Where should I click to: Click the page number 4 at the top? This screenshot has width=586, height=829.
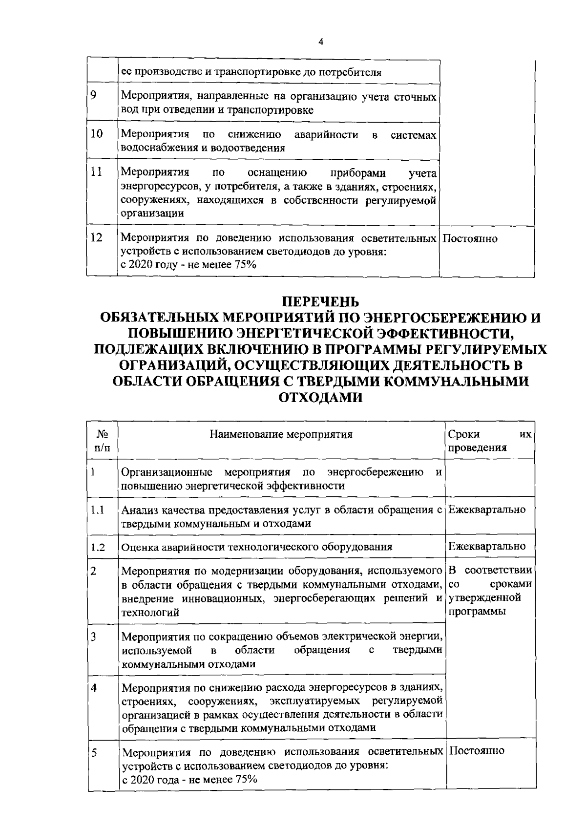320,42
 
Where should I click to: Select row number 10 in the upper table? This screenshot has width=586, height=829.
97,133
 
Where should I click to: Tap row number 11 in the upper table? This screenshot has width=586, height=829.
96,172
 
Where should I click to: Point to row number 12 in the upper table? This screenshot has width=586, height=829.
97,238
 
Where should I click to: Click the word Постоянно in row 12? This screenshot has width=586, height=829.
470,239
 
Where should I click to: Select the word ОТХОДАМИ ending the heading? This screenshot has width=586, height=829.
320,398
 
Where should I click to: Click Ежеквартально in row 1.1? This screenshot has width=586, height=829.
487,510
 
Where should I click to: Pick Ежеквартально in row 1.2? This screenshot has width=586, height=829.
487,546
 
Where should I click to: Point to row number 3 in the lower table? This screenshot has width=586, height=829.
93,637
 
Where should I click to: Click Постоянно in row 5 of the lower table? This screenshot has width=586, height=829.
476,751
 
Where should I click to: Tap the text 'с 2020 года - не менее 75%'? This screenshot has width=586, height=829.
189,779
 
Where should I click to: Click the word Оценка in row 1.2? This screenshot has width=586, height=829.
138,548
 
